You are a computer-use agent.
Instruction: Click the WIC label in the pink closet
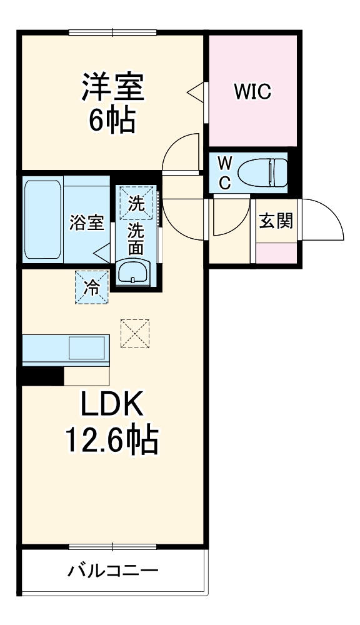[252, 91]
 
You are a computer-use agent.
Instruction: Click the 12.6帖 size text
[112, 441]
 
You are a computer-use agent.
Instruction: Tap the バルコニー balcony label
[113, 571]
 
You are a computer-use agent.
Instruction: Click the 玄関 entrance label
[276, 221]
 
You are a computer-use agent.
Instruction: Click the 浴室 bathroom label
[87, 223]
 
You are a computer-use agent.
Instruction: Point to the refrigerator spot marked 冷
[91, 287]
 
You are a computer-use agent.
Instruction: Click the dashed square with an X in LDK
[135, 333]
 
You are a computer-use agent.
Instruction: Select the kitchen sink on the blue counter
[87, 348]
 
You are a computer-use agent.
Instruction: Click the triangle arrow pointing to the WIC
[196, 91]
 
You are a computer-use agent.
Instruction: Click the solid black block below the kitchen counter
[42, 376]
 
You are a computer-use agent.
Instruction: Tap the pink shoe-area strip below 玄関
[276, 253]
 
